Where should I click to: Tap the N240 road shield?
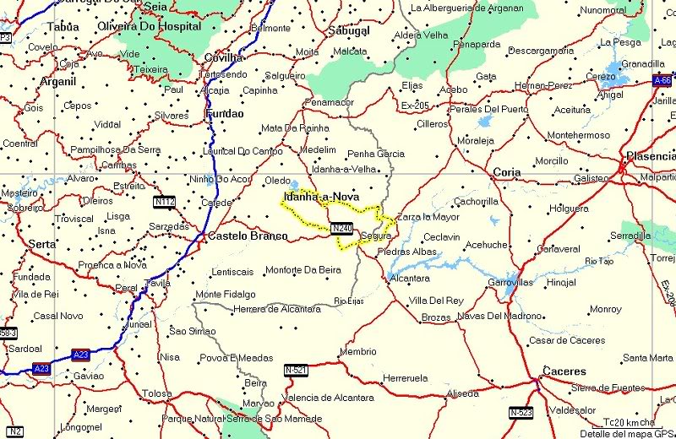(341, 228)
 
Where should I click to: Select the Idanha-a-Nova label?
(321, 197)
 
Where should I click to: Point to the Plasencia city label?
(650, 157)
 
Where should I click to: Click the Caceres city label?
(564, 371)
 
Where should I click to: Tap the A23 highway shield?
(81, 355)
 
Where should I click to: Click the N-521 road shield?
(296, 370)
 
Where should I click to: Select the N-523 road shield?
(521, 412)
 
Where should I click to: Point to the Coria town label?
(507, 171)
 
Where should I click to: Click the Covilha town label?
(224, 57)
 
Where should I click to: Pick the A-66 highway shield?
(662, 80)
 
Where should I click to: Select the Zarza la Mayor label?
(428, 217)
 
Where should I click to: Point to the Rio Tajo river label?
(599, 261)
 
